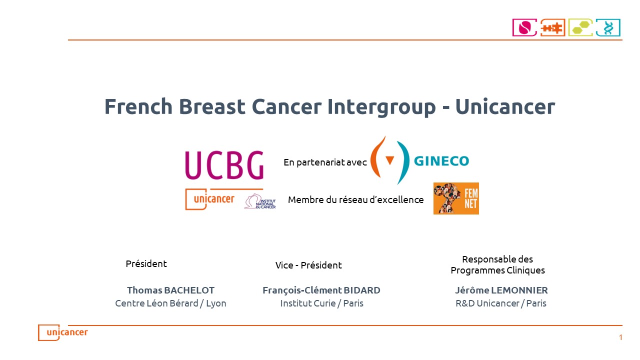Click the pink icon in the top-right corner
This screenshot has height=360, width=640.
click(524, 27)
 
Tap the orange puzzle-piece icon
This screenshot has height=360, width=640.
click(552, 27)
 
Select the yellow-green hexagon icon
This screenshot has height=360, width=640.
click(580, 27)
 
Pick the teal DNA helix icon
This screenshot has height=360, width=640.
click(608, 27)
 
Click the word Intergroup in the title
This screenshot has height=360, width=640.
click(381, 106)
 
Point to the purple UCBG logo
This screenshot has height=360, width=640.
click(224, 165)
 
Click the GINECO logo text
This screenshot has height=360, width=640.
click(441, 161)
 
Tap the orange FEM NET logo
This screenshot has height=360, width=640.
click(456, 198)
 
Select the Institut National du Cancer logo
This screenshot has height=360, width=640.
click(260, 201)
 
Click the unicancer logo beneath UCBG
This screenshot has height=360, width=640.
click(210, 199)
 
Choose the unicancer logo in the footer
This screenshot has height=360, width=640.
click(63, 332)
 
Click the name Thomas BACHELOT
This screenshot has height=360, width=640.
click(170, 290)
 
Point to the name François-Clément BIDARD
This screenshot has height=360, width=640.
click(321, 290)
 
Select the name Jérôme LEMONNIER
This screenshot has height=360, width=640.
click(501, 290)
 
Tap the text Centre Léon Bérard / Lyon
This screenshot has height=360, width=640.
click(170, 303)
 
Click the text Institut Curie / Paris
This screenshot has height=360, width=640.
click(321, 303)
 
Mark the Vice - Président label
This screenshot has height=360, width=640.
click(308, 265)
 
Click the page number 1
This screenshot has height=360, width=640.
click(620, 337)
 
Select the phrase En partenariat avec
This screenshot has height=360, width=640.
click(325, 162)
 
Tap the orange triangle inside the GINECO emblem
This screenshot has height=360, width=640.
click(389, 160)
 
